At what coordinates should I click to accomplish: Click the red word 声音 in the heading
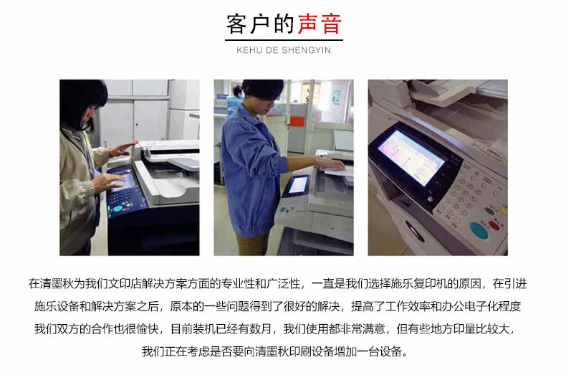click(x=320, y=24)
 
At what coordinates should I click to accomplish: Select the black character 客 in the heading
click(x=236, y=24)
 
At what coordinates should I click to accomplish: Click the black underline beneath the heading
click(x=284, y=39)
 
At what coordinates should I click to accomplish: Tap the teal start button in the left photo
click(x=118, y=209)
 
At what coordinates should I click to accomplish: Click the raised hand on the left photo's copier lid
click(x=123, y=148)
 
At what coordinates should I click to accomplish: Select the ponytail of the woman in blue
click(x=237, y=90)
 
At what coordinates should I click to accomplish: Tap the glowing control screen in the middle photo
click(x=299, y=184)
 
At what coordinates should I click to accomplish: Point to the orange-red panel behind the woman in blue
click(x=297, y=121)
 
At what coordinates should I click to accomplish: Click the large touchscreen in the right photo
click(x=411, y=158)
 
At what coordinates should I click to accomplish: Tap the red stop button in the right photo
click(x=494, y=226)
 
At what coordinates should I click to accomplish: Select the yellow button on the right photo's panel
click(x=504, y=211)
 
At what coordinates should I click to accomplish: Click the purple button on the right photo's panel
click(x=489, y=210)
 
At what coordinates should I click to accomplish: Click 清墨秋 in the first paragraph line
click(x=57, y=284)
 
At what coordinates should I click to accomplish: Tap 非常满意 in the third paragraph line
click(x=363, y=329)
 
